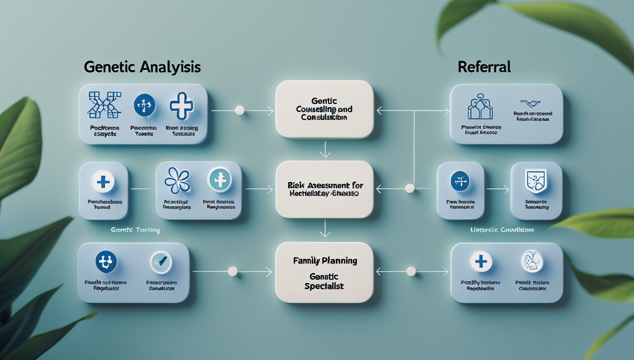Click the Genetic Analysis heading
pos(142,67)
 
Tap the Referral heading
pos(484,67)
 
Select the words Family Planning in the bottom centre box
pos(325,261)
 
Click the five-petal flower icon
pos(177,180)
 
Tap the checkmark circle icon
pos(161,261)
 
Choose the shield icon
pos(536,180)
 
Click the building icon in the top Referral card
pos(480,107)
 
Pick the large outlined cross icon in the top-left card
pos(182,106)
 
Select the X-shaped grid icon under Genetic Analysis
pos(104,104)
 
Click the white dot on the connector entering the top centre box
pos(240,110)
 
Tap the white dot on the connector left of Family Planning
pos(233,272)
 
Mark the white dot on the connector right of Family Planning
pos(411,272)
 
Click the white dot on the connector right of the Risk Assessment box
pos(410,189)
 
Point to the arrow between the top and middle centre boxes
pos(324,149)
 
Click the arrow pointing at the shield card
pos(497,189)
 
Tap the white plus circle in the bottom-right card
pos(481,261)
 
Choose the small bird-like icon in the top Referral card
pos(530,103)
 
